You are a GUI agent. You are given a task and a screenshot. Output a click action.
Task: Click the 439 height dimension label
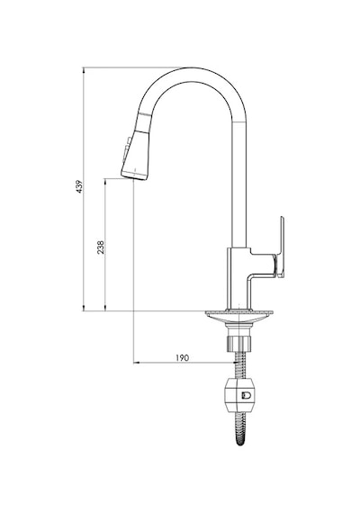click(79, 186)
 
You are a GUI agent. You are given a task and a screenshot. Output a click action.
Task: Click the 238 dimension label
click(100, 247)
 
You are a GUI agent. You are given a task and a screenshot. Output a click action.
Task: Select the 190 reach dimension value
click(183, 357)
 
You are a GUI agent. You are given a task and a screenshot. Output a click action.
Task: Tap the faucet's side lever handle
click(281, 247)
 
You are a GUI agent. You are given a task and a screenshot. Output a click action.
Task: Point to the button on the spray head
click(126, 148)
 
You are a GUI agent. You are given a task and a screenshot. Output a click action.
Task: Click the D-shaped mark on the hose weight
click(246, 396)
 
